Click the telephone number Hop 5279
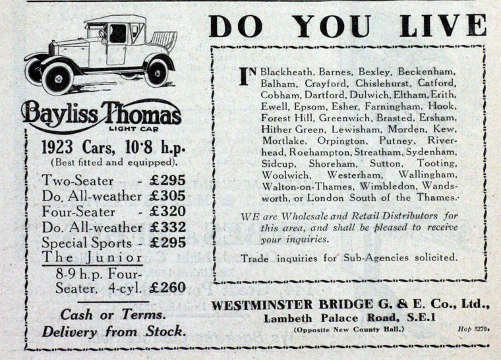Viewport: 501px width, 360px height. [471, 328]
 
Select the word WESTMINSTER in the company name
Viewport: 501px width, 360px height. [264, 305]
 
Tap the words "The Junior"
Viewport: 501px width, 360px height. [92, 257]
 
